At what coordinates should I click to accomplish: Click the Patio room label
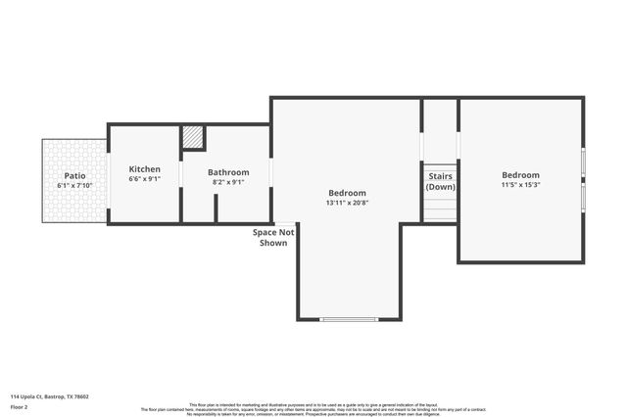tap(74, 175)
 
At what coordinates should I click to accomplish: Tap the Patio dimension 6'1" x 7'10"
tap(74, 185)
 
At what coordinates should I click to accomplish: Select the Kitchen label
tap(144, 169)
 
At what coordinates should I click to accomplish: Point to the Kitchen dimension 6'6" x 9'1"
tap(144, 179)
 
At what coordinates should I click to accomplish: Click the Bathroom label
tap(228, 172)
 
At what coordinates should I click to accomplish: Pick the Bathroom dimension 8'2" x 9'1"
tap(228, 182)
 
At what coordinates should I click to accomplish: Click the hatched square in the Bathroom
tap(194, 137)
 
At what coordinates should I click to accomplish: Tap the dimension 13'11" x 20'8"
tap(347, 203)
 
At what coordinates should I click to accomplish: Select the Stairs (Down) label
tap(441, 181)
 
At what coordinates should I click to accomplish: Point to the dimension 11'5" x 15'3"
tap(520, 185)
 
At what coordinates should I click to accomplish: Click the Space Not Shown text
tap(273, 237)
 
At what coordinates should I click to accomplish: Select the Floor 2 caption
tap(21, 406)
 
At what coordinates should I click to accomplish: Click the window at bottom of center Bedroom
tap(348, 319)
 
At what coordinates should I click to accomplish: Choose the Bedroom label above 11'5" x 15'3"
tap(520, 175)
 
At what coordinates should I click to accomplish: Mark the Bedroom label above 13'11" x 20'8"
tap(347, 193)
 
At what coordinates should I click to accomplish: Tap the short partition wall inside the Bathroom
tap(216, 209)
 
